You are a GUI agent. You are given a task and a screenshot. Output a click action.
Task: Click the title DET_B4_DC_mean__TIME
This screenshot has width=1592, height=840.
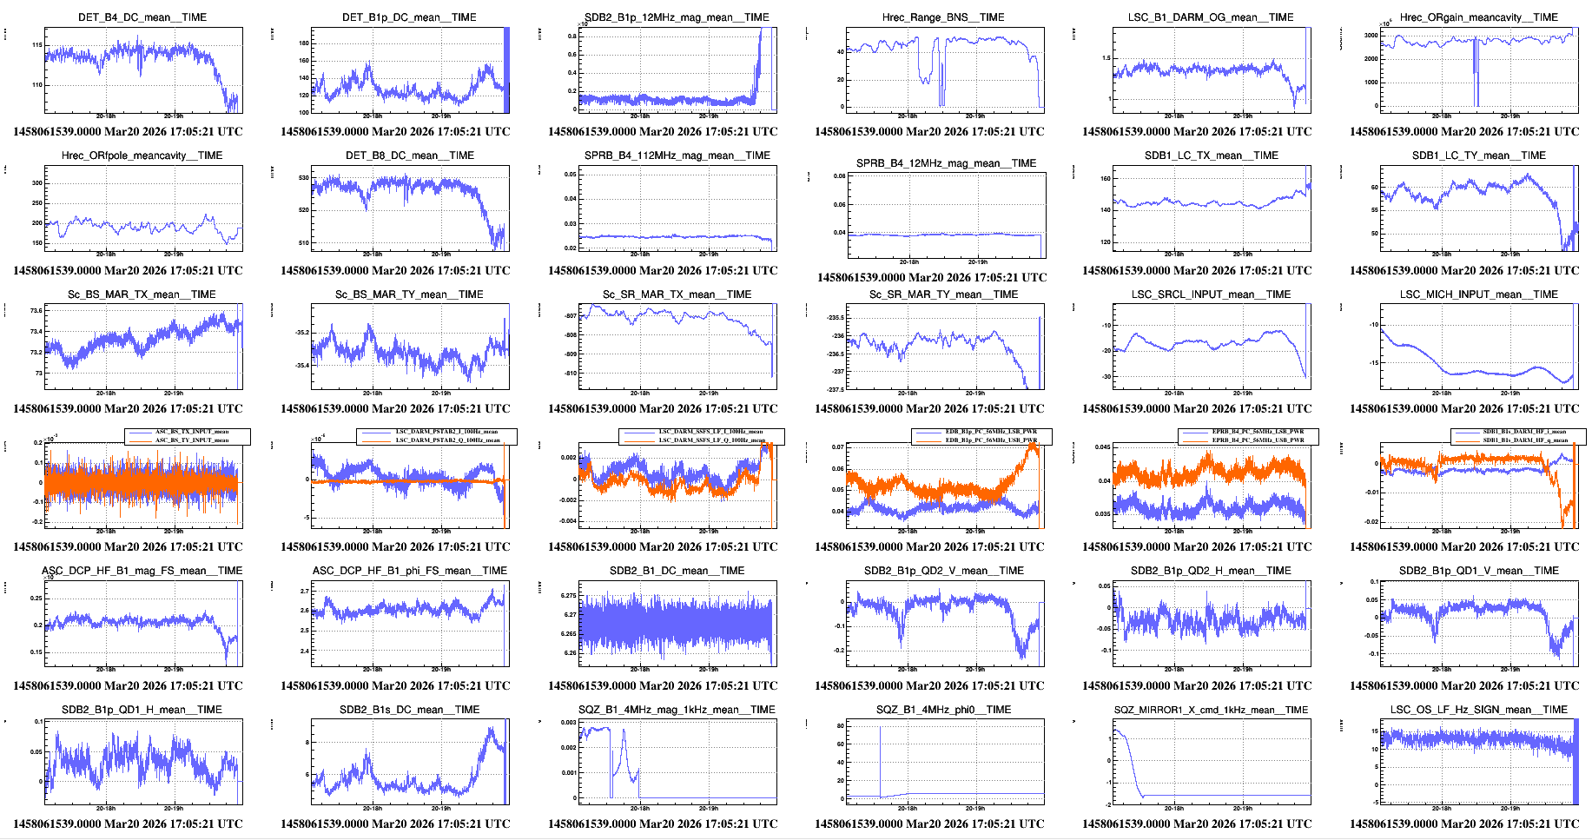142,17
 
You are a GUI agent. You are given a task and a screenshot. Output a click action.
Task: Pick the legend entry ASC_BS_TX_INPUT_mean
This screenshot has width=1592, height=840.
192,432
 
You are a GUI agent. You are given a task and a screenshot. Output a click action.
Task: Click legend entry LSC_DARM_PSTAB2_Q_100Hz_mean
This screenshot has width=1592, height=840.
447,440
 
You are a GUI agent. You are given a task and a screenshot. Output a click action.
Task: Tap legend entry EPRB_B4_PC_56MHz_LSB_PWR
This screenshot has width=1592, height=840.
1258,432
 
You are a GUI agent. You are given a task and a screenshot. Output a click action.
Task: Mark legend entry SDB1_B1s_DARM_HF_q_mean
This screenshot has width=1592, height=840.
1524,440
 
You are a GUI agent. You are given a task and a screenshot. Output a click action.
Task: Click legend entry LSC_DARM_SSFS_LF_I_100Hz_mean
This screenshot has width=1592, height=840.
711,432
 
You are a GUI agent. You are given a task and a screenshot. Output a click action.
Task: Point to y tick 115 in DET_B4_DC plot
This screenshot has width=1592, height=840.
37,45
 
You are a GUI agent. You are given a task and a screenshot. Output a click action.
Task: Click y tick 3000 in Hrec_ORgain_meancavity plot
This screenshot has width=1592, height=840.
1370,36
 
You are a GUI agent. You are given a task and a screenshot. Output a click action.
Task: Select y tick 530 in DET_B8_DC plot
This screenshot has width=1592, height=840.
303,177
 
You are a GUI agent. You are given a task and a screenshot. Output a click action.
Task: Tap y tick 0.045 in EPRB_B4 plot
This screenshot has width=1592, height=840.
1101,447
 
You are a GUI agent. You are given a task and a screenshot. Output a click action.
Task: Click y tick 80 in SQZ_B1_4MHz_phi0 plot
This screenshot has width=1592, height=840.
840,725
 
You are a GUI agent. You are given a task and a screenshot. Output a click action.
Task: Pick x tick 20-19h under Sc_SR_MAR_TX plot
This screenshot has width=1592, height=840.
708,393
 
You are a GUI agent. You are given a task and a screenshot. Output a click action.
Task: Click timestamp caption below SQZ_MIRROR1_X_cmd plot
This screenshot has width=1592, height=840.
1197,823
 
